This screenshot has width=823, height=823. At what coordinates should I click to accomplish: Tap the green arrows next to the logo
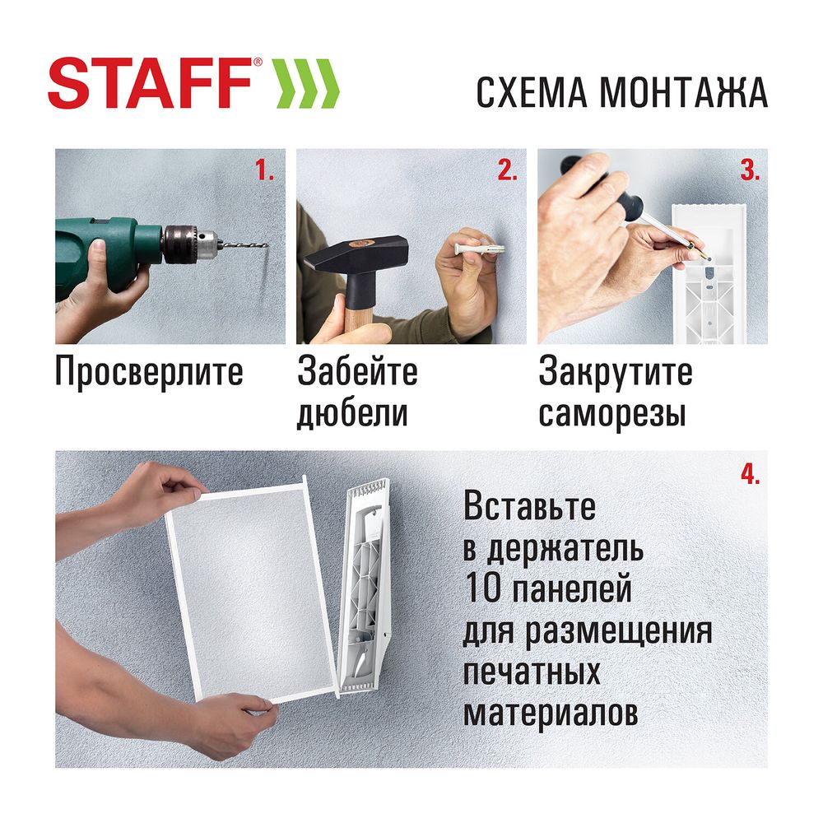coord(305,83)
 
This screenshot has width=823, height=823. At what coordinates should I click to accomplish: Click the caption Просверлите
coord(149,372)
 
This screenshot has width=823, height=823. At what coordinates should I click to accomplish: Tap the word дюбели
coord(352,413)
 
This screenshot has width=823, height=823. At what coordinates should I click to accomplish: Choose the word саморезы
coord(612,413)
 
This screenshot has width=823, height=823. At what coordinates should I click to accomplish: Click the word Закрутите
coord(616,372)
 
